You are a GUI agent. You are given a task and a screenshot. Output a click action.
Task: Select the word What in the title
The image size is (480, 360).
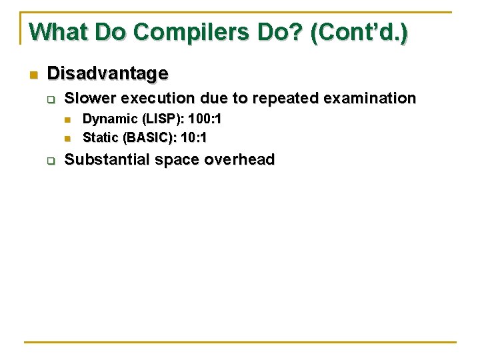point(55,31)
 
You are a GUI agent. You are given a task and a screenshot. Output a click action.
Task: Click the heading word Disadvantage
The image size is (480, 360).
point(108,72)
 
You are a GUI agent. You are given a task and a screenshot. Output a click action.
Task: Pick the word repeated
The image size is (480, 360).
point(287,99)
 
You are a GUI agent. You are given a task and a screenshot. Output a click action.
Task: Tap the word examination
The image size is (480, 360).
point(369,99)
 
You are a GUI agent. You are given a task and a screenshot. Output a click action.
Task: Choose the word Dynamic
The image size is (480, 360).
point(106,119)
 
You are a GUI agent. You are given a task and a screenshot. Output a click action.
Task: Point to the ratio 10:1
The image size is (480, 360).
point(192,137)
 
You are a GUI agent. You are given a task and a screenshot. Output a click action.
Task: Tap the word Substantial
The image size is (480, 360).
point(109,159)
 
